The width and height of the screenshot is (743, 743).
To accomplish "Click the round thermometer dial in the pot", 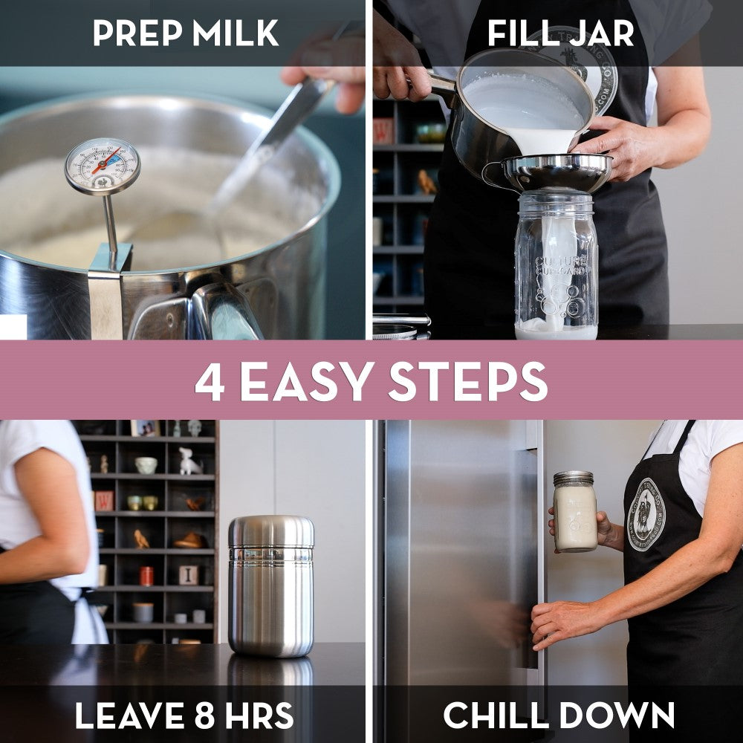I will pyautogui.click(x=102, y=165).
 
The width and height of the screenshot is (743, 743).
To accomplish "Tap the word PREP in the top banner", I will pyautogui.click(x=135, y=33).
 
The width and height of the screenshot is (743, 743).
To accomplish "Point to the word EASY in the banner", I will pyautogui.click(x=305, y=381).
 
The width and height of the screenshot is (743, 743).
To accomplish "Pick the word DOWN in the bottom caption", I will pyautogui.click(x=623, y=715).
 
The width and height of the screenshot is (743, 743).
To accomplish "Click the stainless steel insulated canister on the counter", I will pyautogui.click(x=271, y=587).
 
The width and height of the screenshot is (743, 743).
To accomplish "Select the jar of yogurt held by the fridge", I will pyautogui.click(x=574, y=513).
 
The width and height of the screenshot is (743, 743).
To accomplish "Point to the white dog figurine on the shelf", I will pyautogui.click(x=189, y=463).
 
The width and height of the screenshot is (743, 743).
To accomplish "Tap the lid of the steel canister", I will pyautogui.click(x=271, y=533).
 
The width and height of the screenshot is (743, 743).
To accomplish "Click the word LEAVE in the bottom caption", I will pyautogui.click(x=126, y=715).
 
